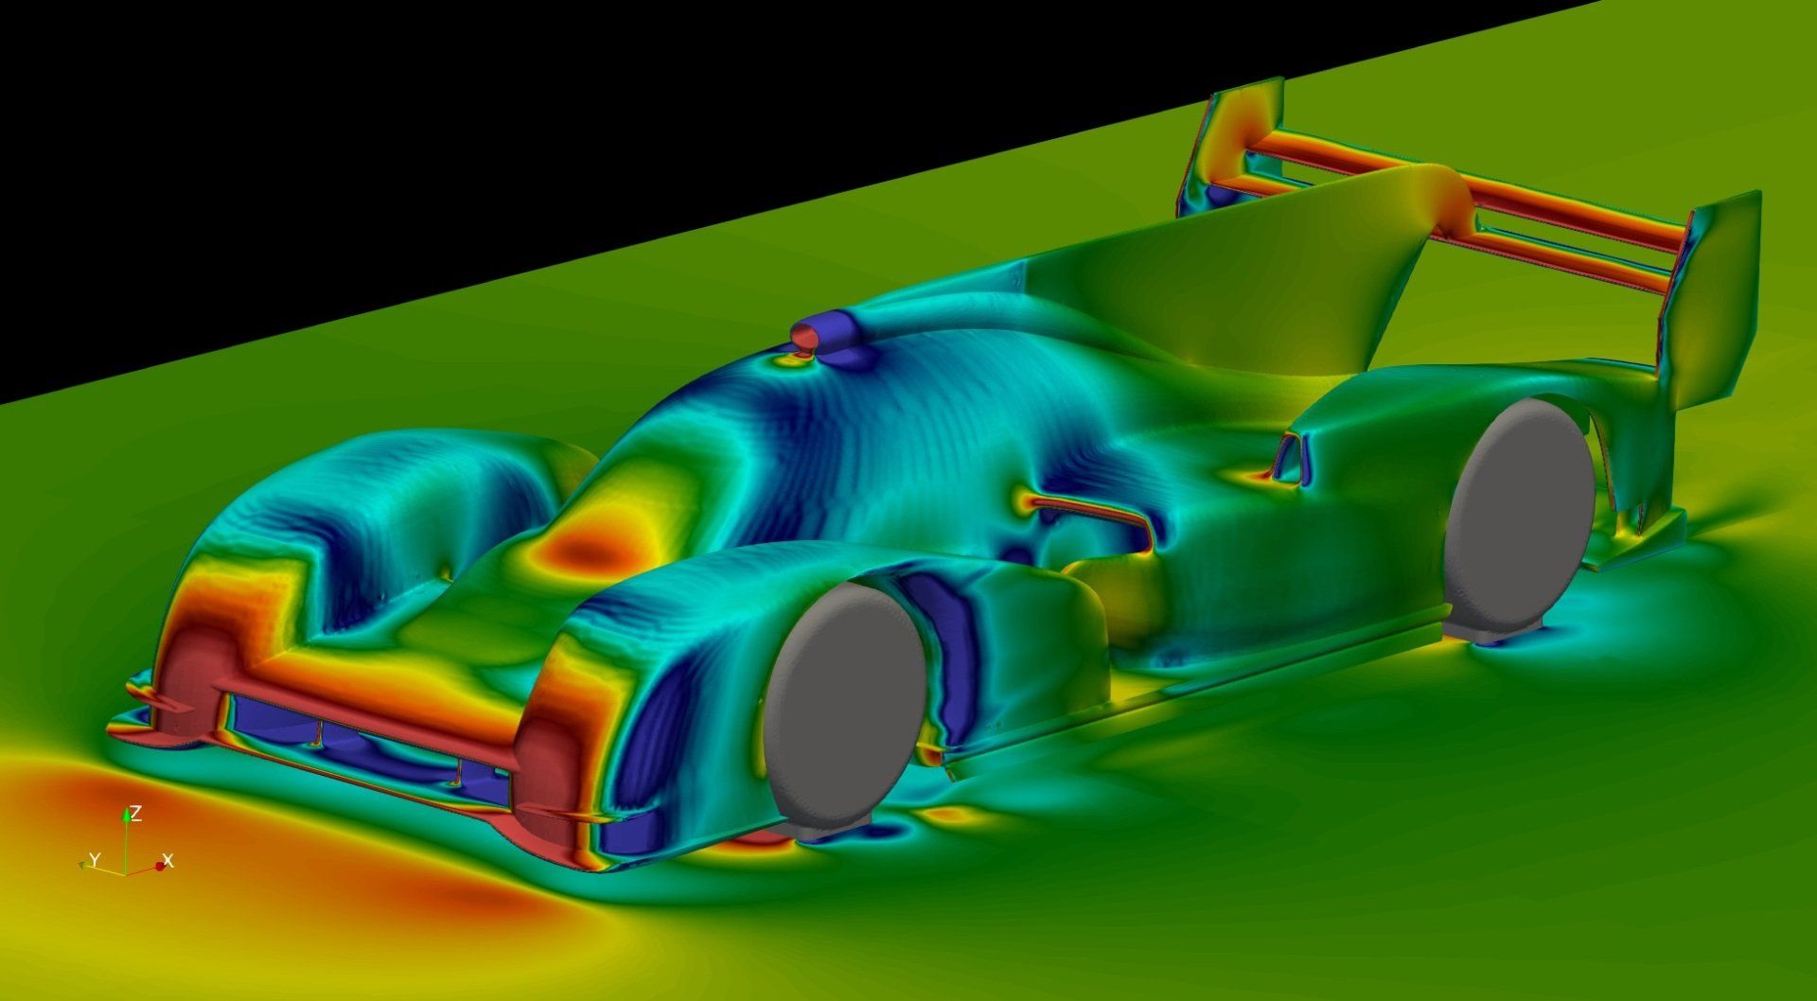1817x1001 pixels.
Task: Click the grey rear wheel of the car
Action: pos(1518,518)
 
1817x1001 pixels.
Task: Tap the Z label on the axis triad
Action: pos(136,814)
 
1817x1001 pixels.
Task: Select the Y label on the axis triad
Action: pos(94,859)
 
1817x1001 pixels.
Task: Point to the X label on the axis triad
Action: pos(168,860)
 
